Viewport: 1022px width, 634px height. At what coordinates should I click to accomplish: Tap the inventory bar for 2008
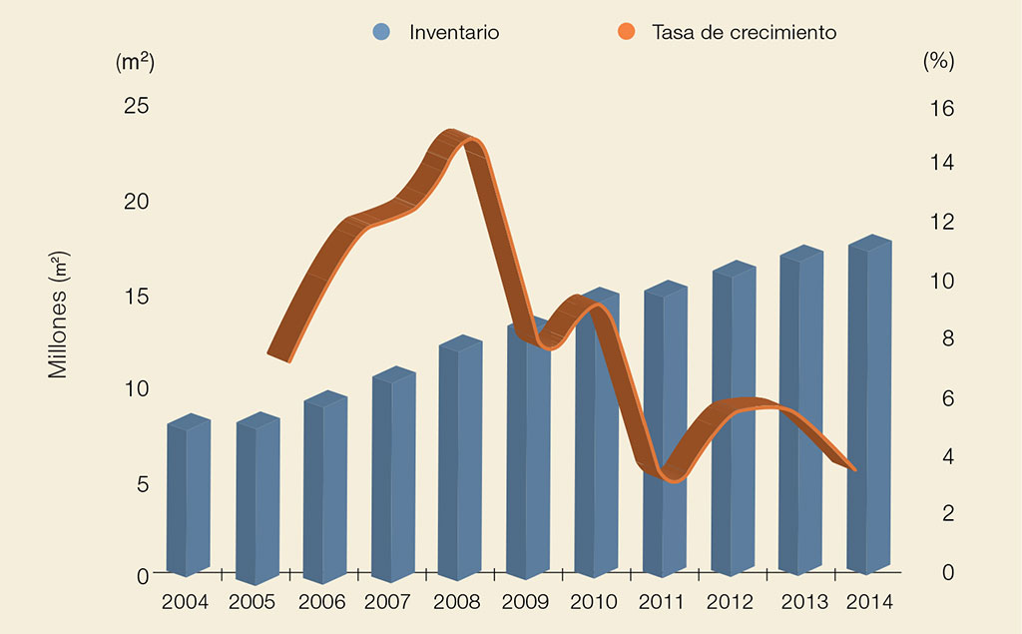click(x=460, y=459)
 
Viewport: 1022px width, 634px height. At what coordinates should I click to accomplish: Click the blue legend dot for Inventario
click(x=380, y=32)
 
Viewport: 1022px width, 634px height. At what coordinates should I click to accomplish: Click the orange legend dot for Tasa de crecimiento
click(x=626, y=32)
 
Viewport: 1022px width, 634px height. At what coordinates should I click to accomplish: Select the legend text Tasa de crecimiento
click(x=744, y=32)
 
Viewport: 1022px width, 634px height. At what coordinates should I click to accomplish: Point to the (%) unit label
click(x=938, y=61)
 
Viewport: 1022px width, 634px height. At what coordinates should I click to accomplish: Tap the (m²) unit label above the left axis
click(x=136, y=61)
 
